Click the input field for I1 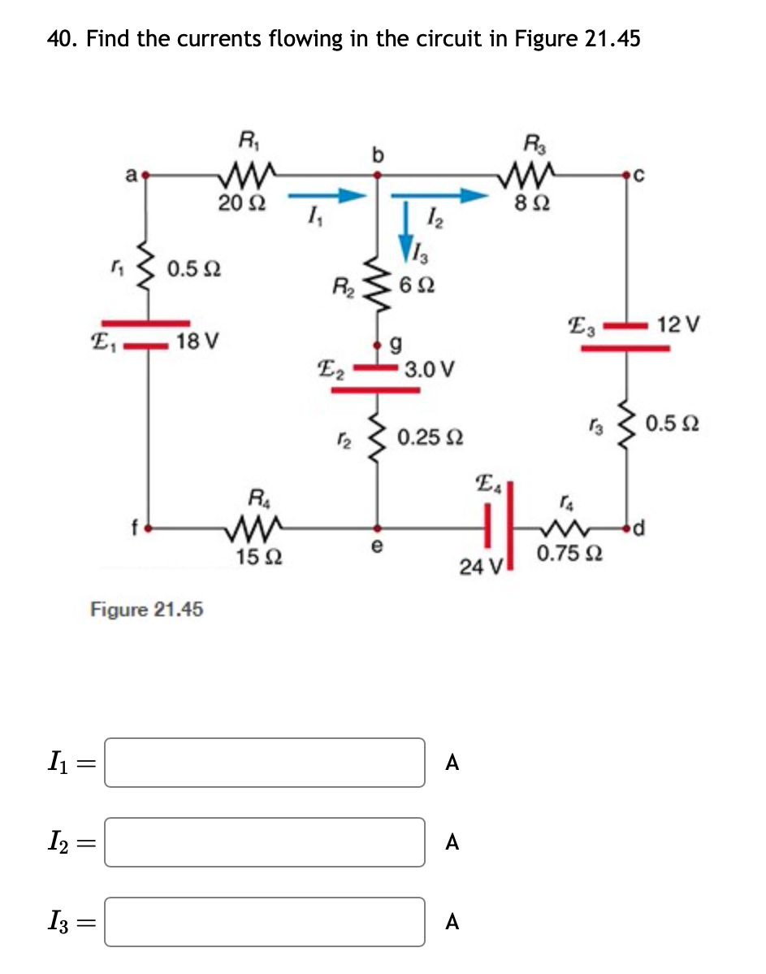264,762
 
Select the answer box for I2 264,842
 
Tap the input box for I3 264,921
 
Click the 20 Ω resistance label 240,202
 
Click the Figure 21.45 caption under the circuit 146,609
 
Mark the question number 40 61,38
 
